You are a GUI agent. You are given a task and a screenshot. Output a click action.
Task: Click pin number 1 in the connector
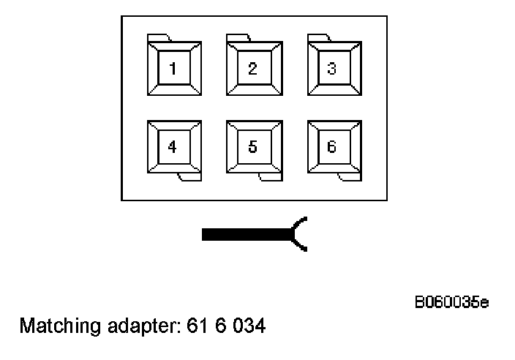click(173, 69)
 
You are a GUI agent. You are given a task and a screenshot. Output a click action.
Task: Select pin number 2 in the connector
click(252, 69)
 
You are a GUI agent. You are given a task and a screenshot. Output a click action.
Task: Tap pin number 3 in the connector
click(332, 69)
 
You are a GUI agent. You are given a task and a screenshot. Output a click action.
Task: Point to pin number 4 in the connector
click(173, 146)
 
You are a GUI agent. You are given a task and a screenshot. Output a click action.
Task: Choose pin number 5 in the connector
click(252, 146)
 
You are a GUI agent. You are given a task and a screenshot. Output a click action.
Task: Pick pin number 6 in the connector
click(332, 146)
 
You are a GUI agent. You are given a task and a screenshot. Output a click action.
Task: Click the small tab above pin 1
click(159, 37)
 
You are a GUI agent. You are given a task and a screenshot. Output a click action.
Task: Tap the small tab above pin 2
click(238, 37)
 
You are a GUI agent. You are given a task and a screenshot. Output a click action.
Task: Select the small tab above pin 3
click(318, 37)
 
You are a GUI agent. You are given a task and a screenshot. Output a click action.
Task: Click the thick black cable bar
click(246, 234)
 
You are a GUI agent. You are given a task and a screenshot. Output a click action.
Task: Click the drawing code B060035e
click(452, 302)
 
